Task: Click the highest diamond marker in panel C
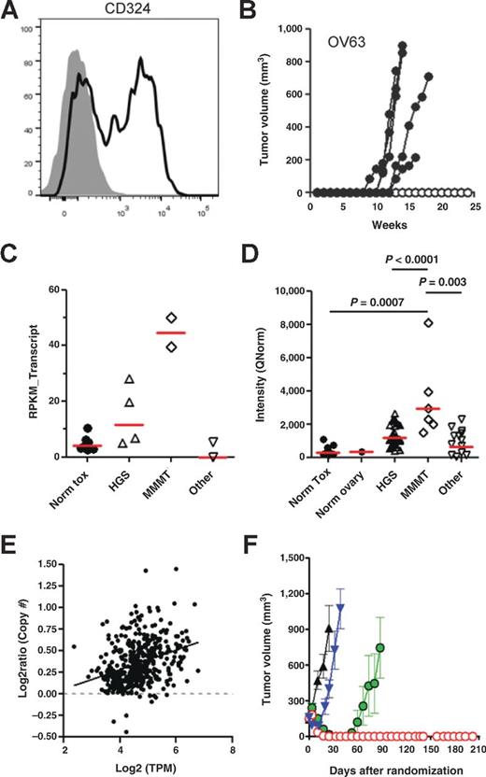(171, 318)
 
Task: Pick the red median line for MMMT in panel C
(171, 332)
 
